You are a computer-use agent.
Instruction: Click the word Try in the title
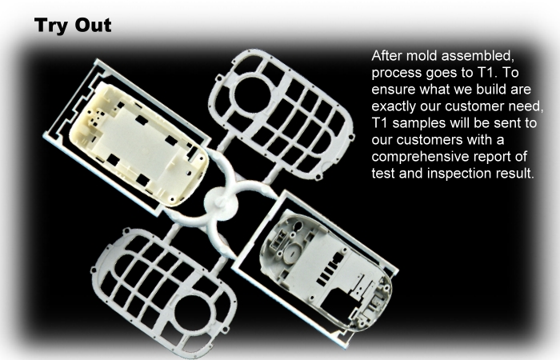click(52, 26)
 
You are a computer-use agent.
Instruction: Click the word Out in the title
click(94, 25)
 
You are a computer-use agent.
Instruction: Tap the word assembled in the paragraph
click(478, 56)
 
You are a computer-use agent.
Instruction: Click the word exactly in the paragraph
click(394, 106)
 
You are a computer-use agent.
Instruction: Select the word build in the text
click(491, 90)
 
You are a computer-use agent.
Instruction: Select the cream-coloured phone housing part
click(138, 143)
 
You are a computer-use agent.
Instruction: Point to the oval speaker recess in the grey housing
click(292, 254)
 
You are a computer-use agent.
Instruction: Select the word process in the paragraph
click(397, 73)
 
